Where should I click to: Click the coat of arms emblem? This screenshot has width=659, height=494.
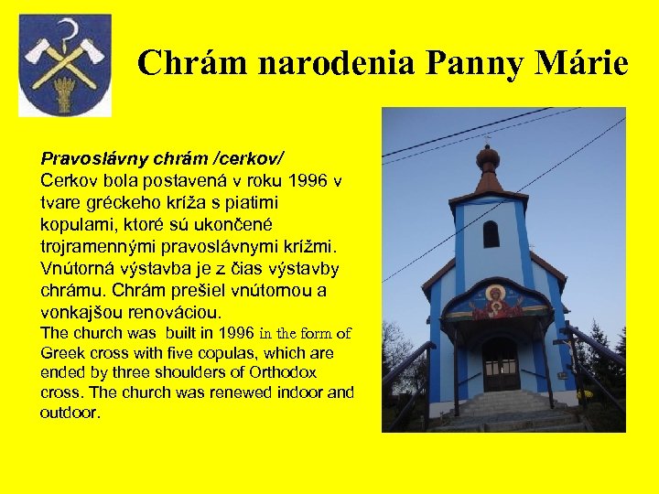coord(65,65)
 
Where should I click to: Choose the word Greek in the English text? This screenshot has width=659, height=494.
coord(61,353)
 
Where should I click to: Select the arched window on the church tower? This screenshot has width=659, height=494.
coord(492,234)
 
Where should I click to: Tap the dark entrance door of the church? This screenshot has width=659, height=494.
coord(501,364)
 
